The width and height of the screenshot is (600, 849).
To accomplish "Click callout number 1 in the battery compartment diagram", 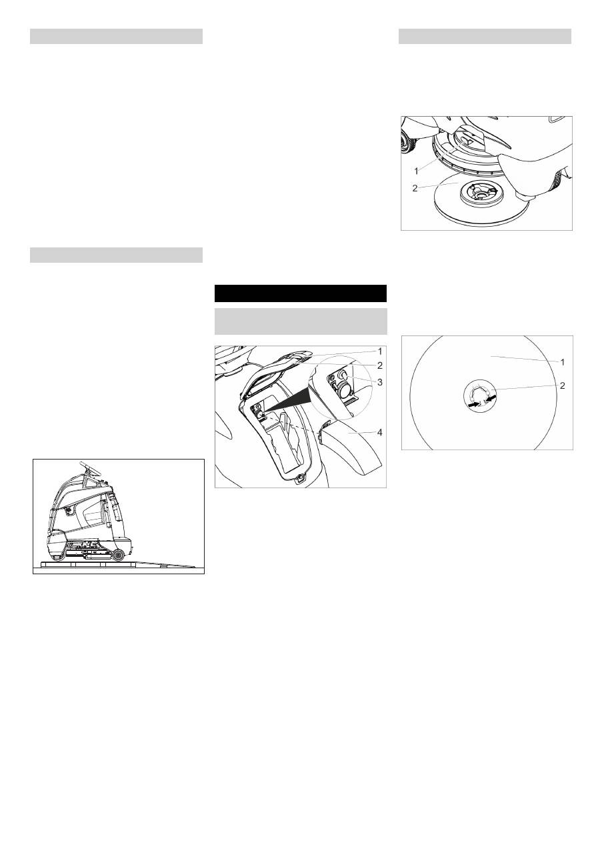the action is (380, 351).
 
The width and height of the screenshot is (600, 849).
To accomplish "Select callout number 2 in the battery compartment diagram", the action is (380, 365).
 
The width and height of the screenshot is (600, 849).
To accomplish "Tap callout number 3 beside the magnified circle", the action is (380, 382).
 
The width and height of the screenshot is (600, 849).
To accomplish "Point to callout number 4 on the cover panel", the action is (380, 432).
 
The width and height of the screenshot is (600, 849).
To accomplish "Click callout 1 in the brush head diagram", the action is (416, 171).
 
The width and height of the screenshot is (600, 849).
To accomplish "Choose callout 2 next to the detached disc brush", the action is (415, 188).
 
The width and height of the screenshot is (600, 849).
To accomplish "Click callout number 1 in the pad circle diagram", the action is (563, 362).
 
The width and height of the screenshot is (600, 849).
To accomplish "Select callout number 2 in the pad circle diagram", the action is (563, 386).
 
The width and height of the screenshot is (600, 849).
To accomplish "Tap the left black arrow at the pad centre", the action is (473, 405).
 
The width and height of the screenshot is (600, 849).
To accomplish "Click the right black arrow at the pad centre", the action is (491, 399).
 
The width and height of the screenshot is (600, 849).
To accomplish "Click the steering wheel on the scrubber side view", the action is (91, 468).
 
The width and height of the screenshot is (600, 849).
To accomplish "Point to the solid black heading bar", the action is (301, 293).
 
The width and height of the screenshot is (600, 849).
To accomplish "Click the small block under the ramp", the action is (162, 566).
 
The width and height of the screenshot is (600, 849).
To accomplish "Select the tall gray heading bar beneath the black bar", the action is (301, 321).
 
